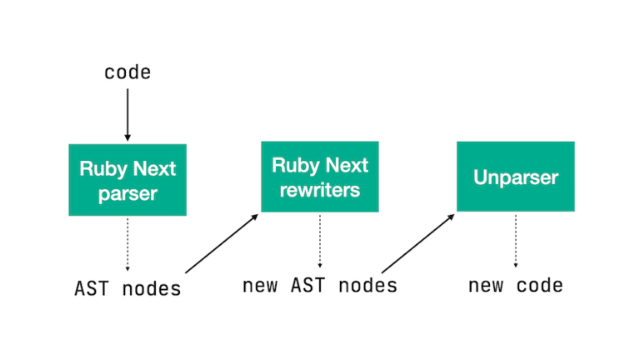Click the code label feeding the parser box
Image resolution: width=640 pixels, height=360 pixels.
click(127, 72)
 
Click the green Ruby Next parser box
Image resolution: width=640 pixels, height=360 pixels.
click(127, 180)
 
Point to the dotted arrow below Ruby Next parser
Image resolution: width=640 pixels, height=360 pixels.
click(127, 244)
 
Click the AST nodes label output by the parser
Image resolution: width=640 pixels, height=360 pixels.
click(127, 289)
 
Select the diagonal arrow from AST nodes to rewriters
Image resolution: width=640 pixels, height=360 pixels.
click(222, 243)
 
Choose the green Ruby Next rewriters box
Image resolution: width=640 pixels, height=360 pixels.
click(320, 177)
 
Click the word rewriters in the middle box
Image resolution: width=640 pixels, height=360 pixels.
click(320, 190)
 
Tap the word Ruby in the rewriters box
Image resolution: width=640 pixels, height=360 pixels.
click(292, 165)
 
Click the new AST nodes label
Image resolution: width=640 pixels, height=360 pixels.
click(320, 286)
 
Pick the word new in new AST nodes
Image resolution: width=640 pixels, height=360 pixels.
click(260, 286)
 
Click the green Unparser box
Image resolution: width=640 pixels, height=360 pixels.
click(515, 177)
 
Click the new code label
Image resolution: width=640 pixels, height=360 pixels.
click(515, 286)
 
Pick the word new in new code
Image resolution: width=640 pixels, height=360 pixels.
click(485, 286)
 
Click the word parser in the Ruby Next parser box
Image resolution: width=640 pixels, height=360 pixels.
click(127, 194)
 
